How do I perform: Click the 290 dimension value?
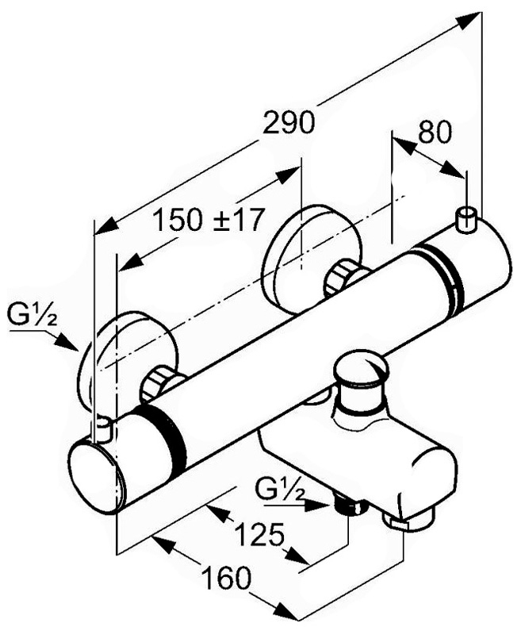(x=288, y=122)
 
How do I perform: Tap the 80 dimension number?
(x=434, y=132)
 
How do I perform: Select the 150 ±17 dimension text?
(x=209, y=220)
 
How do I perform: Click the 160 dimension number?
(x=227, y=578)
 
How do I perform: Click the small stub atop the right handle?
(x=467, y=220)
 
